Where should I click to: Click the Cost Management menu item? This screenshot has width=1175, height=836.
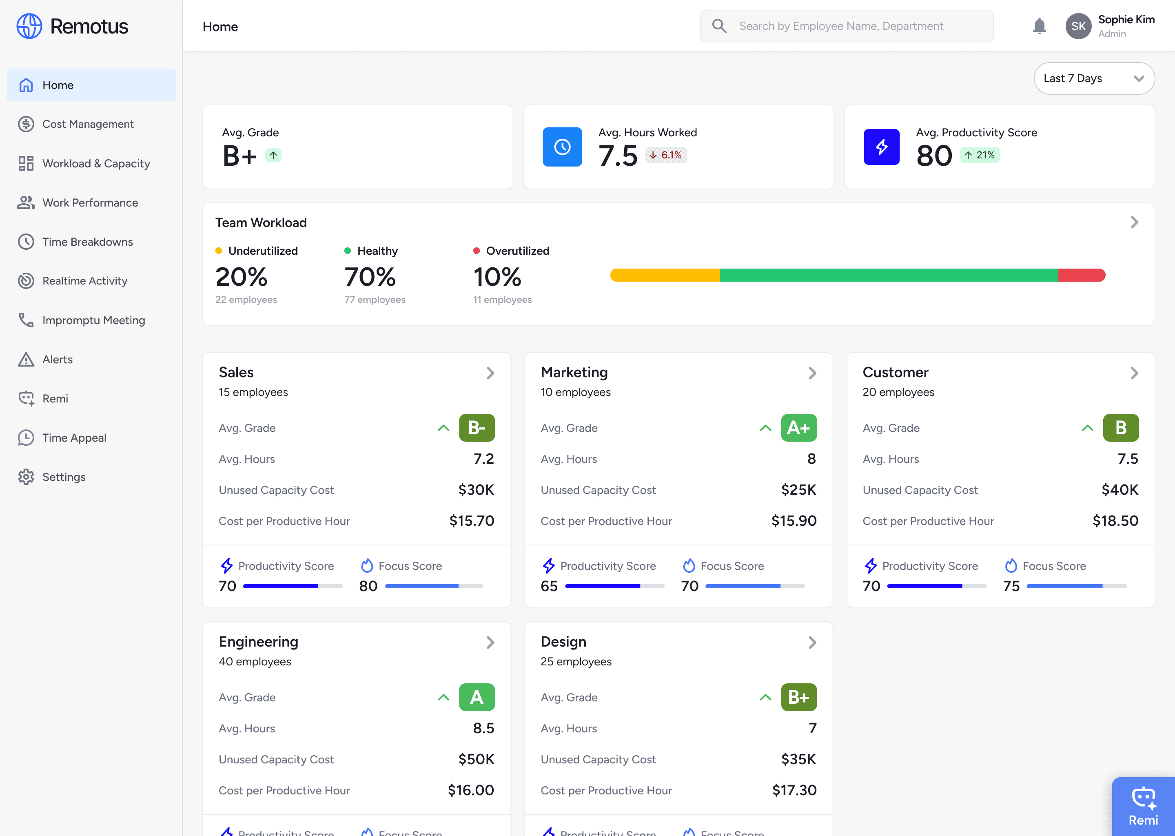[87, 124]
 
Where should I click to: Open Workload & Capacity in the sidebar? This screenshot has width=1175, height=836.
[96, 163]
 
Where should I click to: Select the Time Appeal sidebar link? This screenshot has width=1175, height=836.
[74, 438]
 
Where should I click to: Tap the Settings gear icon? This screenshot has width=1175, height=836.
[26, 477]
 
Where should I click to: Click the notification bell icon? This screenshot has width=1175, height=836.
[1039, 26]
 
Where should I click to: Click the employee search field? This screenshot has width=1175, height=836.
[846, 26]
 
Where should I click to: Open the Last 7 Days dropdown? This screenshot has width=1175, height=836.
[1094, 78]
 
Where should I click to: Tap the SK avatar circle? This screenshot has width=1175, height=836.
[1078, 26]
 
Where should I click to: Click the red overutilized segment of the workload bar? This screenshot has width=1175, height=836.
[1082, 275]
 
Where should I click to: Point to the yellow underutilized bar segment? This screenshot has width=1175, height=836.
[665, 275]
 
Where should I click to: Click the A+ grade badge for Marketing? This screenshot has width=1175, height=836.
[798, 428]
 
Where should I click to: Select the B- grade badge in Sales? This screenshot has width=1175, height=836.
[477, 428]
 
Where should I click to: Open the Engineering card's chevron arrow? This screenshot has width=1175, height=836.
[490, 643]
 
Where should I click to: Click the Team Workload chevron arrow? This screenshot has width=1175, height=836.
[1134, 222]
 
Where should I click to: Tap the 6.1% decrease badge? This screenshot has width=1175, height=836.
[666, 155]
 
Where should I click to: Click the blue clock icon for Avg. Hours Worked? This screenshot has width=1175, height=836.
[562, 147]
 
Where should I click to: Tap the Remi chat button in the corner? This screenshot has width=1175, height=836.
[1143, 806]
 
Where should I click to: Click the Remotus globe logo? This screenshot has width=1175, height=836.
[29, 26]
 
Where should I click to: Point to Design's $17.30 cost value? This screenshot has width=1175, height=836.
[794, 790]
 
